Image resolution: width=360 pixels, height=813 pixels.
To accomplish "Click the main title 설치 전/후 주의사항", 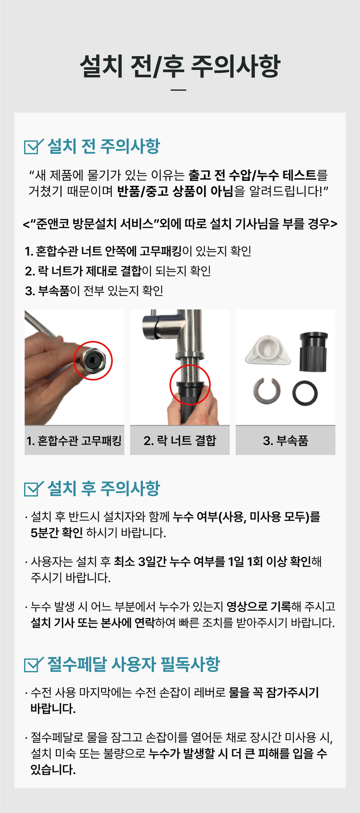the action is (x=180, y=66).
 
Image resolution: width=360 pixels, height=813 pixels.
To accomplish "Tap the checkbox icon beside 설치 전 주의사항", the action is (x=33, y=146).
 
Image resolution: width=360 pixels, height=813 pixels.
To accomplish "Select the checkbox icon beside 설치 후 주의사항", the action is (x=33, y=488).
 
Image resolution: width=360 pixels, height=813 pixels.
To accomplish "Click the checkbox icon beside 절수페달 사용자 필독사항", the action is (x=33, y=664).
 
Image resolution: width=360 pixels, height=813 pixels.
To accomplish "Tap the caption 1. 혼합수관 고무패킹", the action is (x=74, y=440).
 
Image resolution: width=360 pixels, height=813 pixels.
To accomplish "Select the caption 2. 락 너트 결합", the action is (x=180, y=440).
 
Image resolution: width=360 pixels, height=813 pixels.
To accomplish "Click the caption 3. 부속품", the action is (x=285, y=440).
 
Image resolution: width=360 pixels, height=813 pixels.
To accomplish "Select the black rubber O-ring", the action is (x=305, y=393).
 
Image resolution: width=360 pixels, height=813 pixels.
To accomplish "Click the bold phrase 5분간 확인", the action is (x=57, y=533).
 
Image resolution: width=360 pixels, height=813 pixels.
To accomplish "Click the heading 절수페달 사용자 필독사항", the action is (x=134, y=664).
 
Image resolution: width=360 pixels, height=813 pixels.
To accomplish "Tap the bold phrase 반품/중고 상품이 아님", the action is (x=175, y=191).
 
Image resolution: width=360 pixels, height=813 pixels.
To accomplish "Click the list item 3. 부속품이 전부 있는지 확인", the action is (x=94, y=291).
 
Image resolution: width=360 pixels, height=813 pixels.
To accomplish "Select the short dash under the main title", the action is (x=179, y=90).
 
